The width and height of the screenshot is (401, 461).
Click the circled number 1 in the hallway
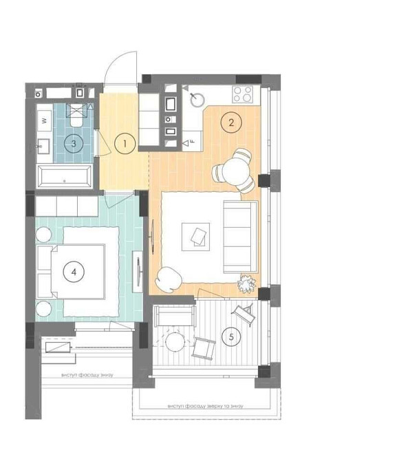tap(124, 143)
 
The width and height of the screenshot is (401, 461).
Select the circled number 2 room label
tap(231, 123)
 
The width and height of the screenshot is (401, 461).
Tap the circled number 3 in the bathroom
tap(73, 143)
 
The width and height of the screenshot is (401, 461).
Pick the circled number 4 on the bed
tap(73, 272)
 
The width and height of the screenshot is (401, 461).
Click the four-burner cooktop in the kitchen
tap(243, 94)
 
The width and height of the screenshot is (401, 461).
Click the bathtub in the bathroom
tap(65, 178)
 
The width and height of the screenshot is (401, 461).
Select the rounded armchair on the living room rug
tap(169, 278)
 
